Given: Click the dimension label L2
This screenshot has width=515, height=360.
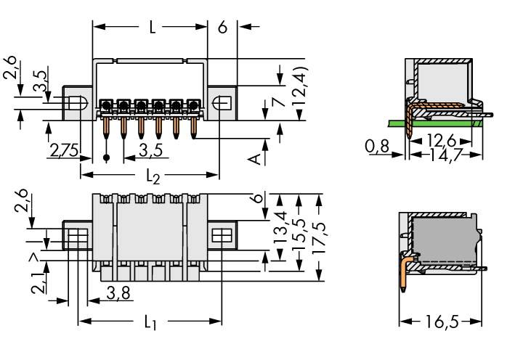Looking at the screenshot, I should click(151, 177).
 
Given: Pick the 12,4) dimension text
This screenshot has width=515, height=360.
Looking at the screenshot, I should click(299, 87).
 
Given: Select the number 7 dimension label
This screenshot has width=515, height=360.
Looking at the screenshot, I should click(277, 105).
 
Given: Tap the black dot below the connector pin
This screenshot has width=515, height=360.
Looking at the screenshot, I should click(108, 157).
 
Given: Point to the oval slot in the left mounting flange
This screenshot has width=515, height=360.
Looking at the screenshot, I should click(80, 103).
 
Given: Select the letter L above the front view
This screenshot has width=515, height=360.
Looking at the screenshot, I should click(152, 28).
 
